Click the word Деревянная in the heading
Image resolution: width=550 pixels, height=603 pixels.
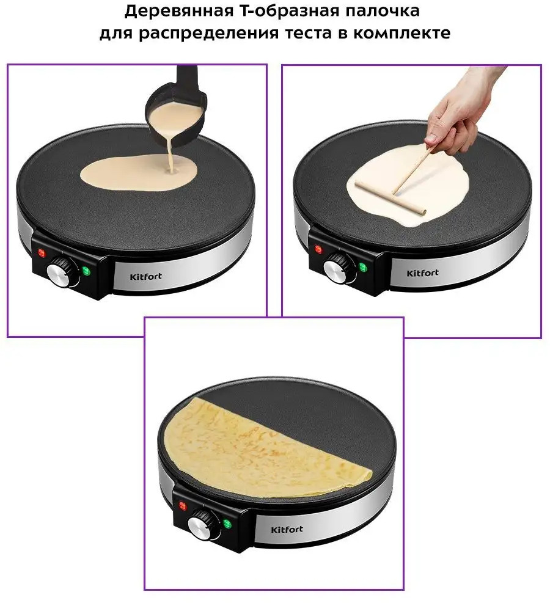click(178, 11)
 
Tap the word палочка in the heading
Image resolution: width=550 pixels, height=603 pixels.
click(382, 11)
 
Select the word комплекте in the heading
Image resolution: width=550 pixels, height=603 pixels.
click(402, 33)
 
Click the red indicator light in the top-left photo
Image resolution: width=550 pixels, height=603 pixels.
click(41, 253)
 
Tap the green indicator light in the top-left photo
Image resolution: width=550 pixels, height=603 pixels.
click(86, 271)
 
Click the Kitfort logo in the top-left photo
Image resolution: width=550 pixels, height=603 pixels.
click(145, 276)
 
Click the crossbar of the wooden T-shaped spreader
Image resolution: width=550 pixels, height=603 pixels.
click(391, 198)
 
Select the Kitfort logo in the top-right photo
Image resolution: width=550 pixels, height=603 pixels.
click(422, 272)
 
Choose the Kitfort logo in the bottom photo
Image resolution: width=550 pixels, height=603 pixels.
click(287, 530)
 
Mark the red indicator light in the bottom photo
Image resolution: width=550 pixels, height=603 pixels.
click(182, 506)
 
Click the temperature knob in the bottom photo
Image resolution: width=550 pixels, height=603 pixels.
click(202, 524)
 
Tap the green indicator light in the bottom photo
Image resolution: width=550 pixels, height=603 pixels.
click(227, 524)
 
